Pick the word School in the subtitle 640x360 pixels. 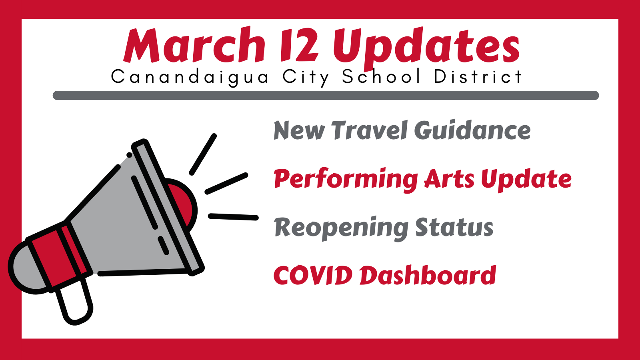pyautogui.click(x=381, y=76)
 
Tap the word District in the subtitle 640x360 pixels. pyautogui.click(x=478, y=76)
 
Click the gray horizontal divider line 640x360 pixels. pyautogui.click(x=326, y=96)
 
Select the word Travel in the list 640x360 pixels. pyautogui.click(x=369, y=130)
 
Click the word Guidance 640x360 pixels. pyautogui.click(x=472, y=130)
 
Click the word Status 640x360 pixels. pyautogui.click(x=454, y=227)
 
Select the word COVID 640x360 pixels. pyautogui.click(x=313, y=275)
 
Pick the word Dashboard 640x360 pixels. pyautogui.click(x=428, y=275)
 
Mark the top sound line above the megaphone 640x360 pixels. pyautogui.click(x=203, y=154)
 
